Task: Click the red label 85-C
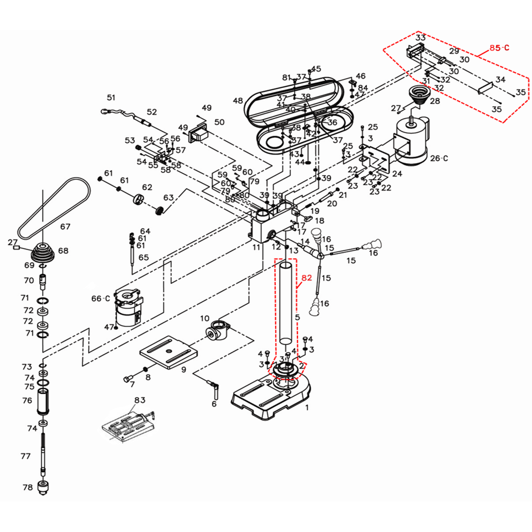click(499, 48)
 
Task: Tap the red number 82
click(306, 278)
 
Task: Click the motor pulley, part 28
click(419, 95)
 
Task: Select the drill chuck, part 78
click(43, 486)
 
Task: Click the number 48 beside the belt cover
click(238, 101)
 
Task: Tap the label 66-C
click(101, 298)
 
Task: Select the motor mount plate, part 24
click(377, 163)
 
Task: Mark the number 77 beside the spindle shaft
click(26, 456)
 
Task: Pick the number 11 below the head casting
click(256, 247)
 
